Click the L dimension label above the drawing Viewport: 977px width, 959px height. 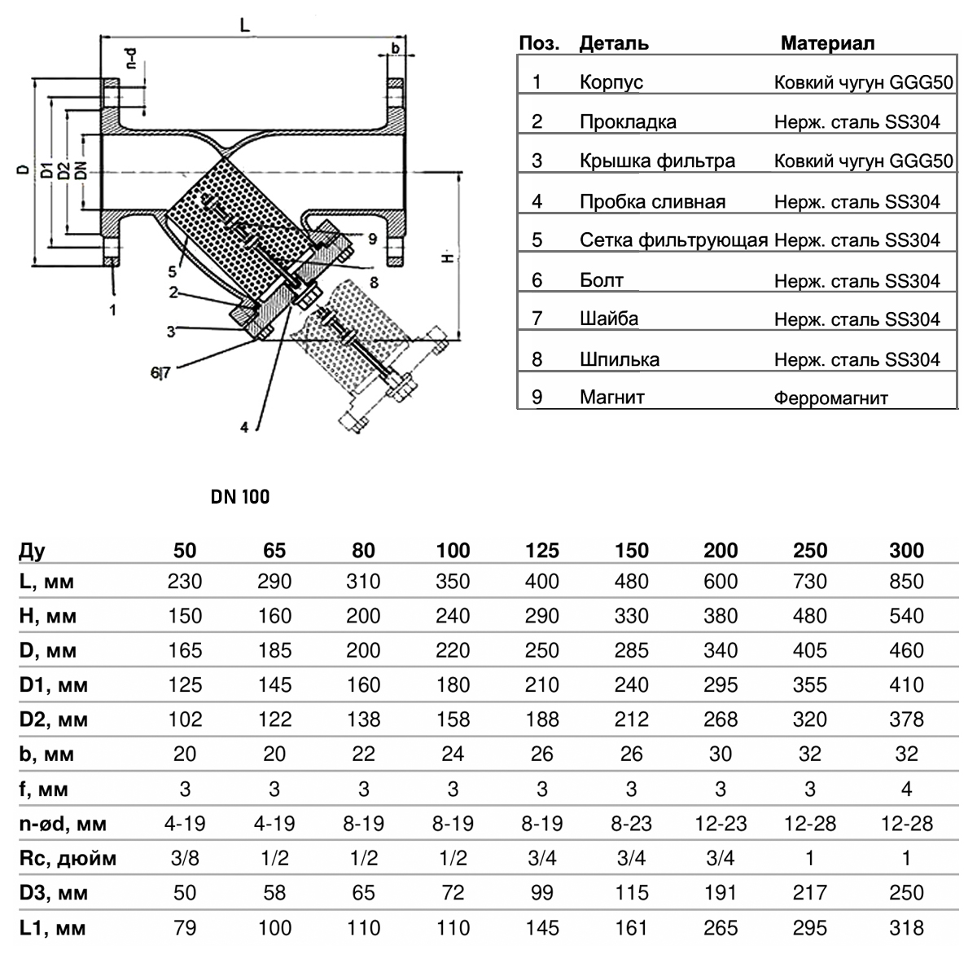click(x=245, y=24)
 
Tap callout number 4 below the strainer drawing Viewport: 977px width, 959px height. click(x=244, y=426)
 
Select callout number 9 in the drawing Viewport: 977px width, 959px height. click(x=371, y=239)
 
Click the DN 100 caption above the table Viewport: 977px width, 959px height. click(x=240, y=496)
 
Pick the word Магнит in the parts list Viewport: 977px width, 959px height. click(x=611, y=398)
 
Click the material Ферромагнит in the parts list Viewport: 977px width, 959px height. click(x=831, y=398)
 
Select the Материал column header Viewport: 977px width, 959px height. click(x=827, y=43)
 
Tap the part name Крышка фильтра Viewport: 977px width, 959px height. click(x=657, y=161)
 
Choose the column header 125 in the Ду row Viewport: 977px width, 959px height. click(x=542, y=551)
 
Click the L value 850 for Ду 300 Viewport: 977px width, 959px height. click(x=907, y=582)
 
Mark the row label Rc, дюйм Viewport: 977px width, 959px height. click(x=68, y=859)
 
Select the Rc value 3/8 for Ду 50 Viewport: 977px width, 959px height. click(x=186, y=859)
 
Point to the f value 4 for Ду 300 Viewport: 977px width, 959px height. click(x=907, y=790)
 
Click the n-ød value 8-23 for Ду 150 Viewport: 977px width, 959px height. click(x=632, y=824)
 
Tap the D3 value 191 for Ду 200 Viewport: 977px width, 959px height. click(x=721, y=893)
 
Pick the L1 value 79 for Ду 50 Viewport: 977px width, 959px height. click(x=186, y=928)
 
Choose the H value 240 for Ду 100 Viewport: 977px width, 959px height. click(x=453, y=616)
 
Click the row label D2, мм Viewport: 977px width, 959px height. click(x=54, y=720)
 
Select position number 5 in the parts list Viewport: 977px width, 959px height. click(x=537, y=240)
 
